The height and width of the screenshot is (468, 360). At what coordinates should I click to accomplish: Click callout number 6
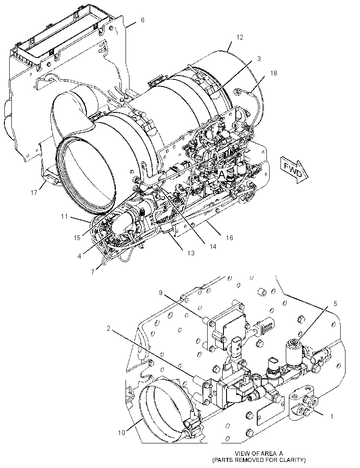click(142, 20)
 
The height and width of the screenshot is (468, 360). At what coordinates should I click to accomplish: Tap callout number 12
click(240, 37)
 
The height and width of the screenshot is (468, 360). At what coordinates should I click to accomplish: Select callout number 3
click(259, 59)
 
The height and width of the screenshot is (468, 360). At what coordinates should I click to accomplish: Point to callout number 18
click(274, 73)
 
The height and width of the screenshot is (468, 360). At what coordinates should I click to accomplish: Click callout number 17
click(34, 193)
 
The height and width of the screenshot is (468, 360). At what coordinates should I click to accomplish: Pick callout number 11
click(65, 216)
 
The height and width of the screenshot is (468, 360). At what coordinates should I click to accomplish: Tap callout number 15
click(77, 238)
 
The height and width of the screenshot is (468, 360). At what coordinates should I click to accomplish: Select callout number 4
click(79, 256)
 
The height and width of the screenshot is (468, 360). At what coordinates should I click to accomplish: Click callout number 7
click(93, 272)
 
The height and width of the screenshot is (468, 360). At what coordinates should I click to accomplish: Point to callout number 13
click(191, 253)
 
